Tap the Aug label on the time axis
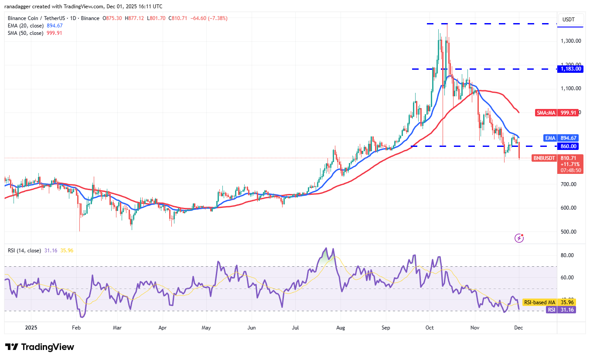tap(341, 327)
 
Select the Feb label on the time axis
tap(76, 327)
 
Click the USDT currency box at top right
tap(569, 20)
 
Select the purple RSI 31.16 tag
tap(560, 309)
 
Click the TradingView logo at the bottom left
tap(40, 347)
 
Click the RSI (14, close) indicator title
tap(24, 251)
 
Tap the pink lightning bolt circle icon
tap(519, 238)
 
